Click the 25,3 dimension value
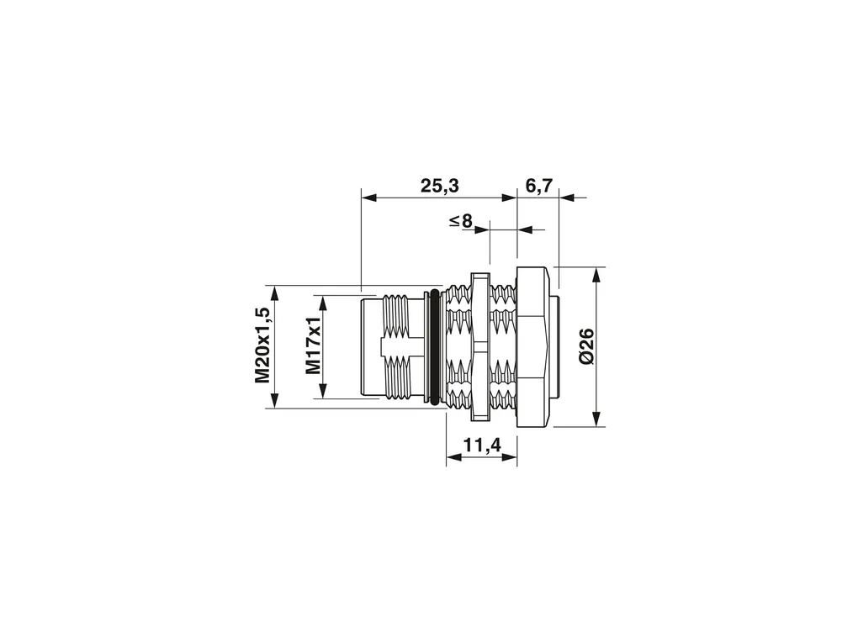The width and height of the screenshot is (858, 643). click(439, 186)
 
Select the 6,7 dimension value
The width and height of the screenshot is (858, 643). click(538, 186)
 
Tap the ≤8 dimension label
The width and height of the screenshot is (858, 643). click(461, 221)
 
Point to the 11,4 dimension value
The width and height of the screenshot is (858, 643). click(482, 445)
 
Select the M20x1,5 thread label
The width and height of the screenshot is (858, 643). click(262, 345)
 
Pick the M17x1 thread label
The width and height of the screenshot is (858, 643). click(313, 346)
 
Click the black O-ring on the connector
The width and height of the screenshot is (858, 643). click(435, 347)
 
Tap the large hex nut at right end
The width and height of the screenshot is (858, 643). click(532, 346)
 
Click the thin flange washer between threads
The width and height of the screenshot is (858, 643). click(479, 347)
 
